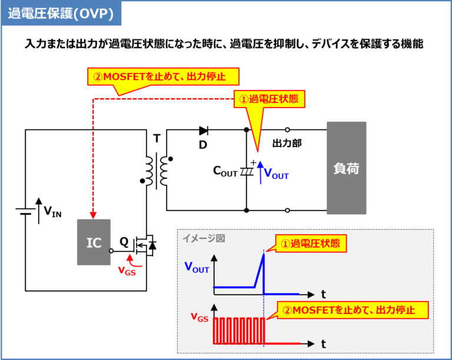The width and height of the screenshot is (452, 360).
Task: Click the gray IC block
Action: [x=94, y=242]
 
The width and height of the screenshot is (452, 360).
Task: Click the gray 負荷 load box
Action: [x=346, y=168]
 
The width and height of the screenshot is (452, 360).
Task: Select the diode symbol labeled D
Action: [x=204, y=131]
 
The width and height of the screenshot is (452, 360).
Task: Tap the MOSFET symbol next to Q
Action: [x=144, y=245]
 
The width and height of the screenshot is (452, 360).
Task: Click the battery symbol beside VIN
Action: [x=25, y=211]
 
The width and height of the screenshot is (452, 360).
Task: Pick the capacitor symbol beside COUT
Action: [x=247, y=171]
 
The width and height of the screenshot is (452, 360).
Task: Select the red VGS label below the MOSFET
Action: [x=127, y=271]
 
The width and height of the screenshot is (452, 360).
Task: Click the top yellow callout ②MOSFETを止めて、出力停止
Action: [x=164, y=76]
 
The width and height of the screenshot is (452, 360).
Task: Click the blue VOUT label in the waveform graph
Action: [x=197, y=268]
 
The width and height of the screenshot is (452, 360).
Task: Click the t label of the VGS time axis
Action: [x=324, y=342]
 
